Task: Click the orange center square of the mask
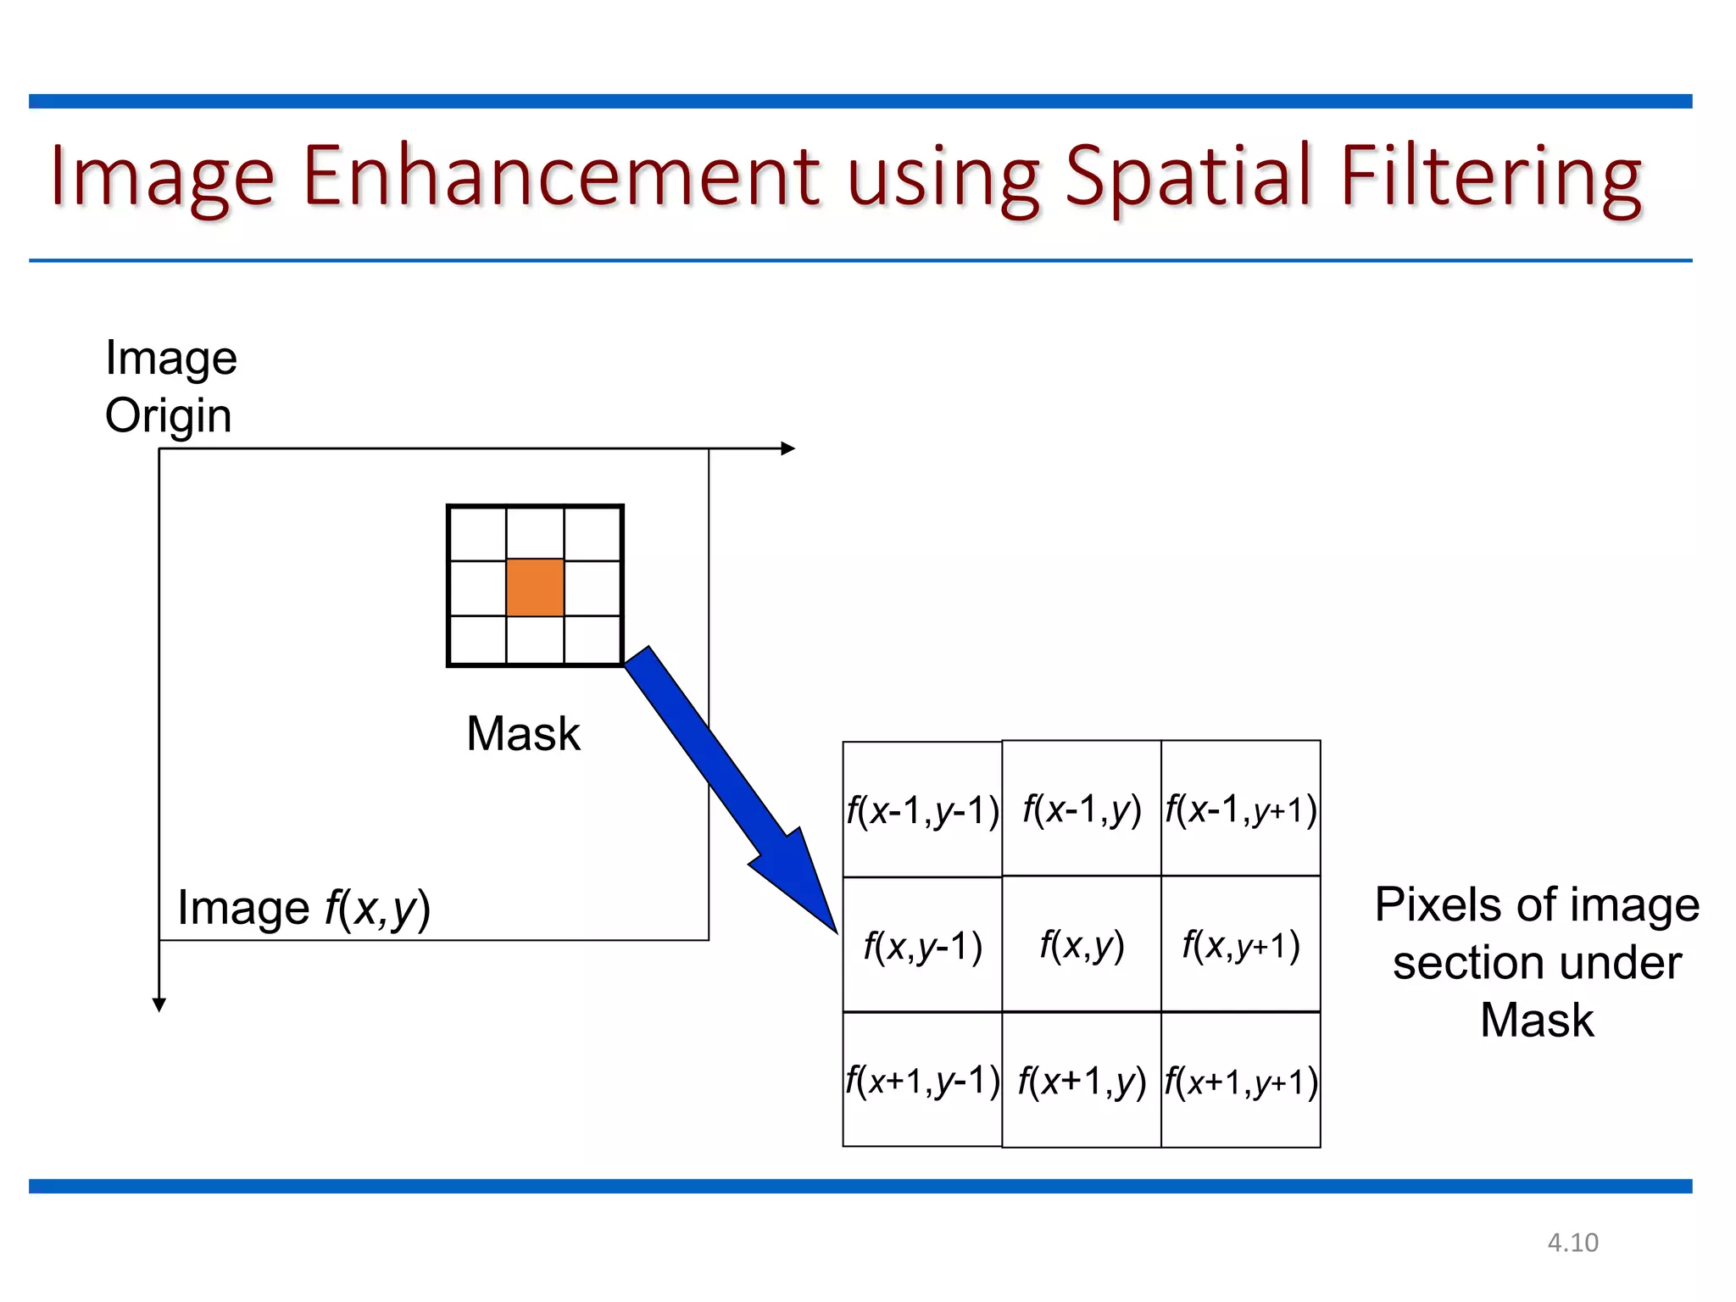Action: [x=535, y=587]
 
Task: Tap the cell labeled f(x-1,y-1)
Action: [x=922, y=810]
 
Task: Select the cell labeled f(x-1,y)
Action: [x=1082, y=809]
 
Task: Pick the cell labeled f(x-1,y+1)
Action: [x=1241, y=809]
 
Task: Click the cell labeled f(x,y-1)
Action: [x=922, y=944]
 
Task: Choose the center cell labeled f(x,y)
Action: [x=1082, y=944]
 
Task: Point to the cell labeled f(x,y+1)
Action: [x=1241, y=944]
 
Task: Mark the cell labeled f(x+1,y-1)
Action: [x=922, y=1080]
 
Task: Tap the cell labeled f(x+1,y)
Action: [x=1082, y=1081]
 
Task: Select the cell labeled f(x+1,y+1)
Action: [x=1241, y=1081]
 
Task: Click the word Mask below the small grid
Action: [x=523, y=733]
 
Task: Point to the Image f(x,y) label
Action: [x=303, y=908]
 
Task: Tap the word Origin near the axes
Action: [x=168, y=415]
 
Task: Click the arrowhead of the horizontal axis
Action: [x=788, y=448]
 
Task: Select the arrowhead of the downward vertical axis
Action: [x=159, y=1004]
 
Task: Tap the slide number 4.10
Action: [x=1572, y=1243]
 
